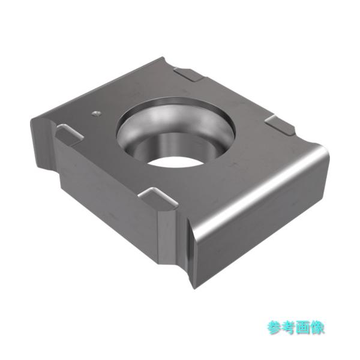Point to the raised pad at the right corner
[279, 124]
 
